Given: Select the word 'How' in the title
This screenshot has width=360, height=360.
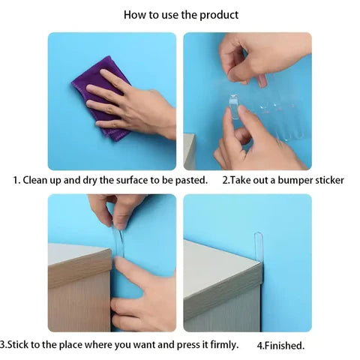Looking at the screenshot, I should click(135, 14).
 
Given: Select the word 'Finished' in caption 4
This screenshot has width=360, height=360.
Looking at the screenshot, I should click(286, 346).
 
